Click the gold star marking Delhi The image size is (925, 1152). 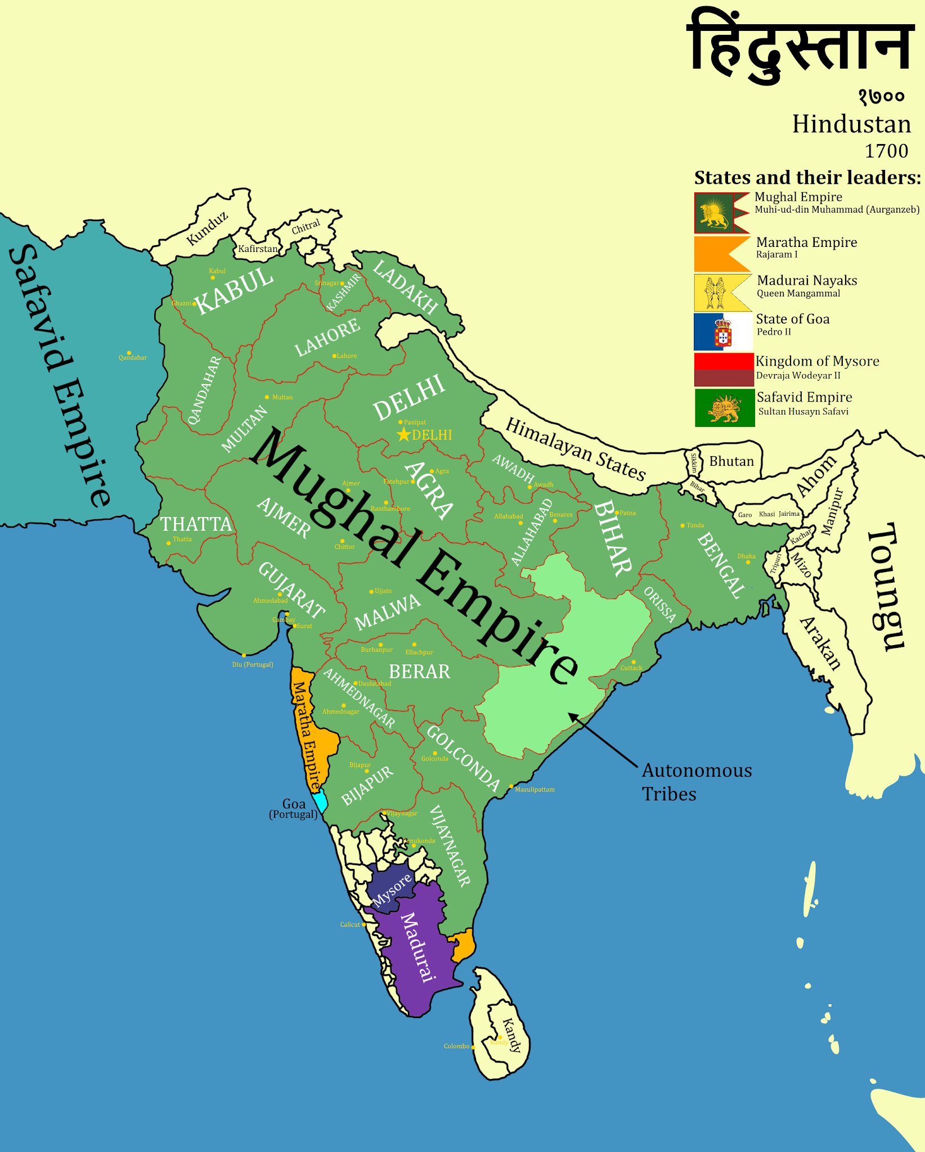click(x=403, y=435)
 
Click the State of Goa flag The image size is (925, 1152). click(x=722, y=332)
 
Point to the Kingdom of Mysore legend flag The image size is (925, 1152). click(x=724, y=370)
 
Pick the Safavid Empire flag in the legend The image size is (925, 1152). click(x=724, y=408)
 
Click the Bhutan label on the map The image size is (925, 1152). click(x=731, y=461)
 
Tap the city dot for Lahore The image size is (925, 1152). click(x=334, y=356)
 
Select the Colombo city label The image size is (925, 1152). click(x=456, y=1046)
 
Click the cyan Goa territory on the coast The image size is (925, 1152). click(x=321, y=800)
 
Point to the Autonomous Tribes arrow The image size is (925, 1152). click(x=602, y=740)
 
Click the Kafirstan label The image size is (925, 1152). click(x=258, y=249)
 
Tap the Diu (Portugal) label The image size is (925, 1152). click(x=253, y=664)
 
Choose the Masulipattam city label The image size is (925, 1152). click(x=535, y=790)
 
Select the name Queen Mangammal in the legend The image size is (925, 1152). click(x=798, y=294)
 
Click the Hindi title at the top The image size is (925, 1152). click(x=799, y=48)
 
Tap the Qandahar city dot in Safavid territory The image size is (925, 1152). click(x=129, y=353)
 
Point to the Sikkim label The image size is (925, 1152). click(x=694, y=462)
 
